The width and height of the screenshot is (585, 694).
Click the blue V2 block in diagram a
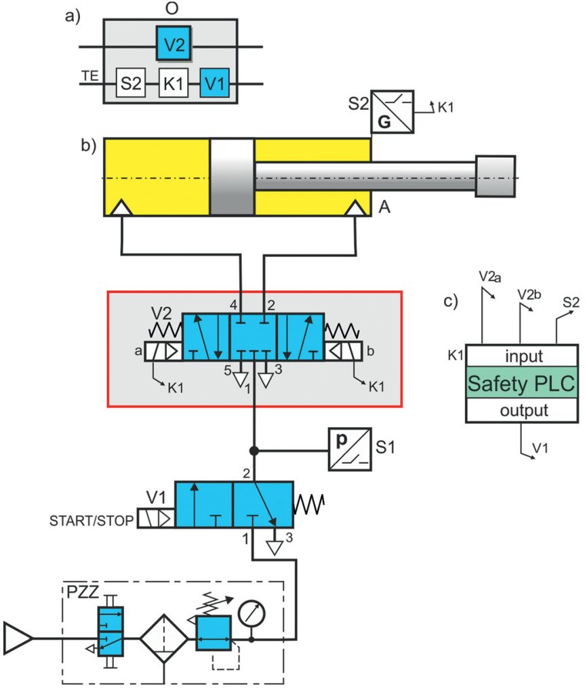point(173,45)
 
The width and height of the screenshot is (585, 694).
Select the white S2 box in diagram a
point(130,84)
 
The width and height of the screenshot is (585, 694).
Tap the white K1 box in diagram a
point(173,84)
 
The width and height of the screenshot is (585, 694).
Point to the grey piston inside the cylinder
point(232,177)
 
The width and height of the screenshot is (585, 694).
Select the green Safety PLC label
point(521,384)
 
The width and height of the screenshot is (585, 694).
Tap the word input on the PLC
point(521,356)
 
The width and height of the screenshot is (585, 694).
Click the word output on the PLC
point(521,411)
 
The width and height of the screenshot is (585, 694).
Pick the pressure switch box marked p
point(350,449)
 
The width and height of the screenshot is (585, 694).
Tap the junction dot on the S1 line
point(253,449)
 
